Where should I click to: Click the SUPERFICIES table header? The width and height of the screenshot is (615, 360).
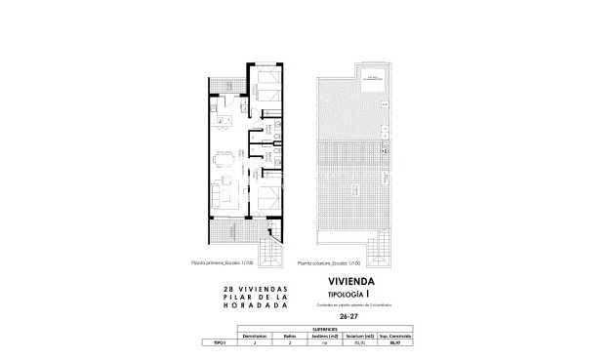click(326, 330)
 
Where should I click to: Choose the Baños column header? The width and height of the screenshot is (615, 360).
click(289, 337)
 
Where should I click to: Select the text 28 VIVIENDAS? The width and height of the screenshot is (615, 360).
click(250, 290)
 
